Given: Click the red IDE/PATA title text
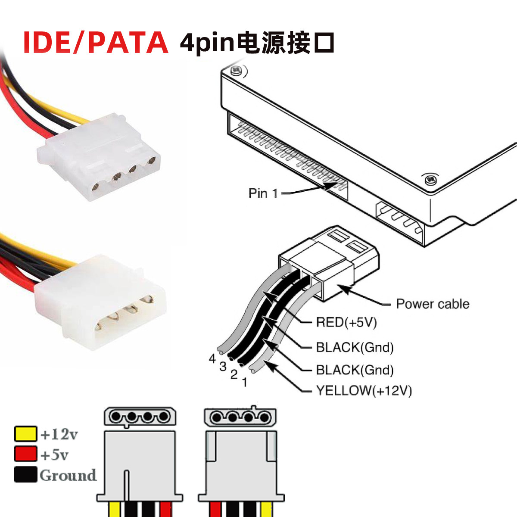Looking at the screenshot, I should pos(95,42).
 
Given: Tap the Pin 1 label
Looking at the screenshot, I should pos(263,193).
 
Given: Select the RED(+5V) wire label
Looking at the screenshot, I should pos(346,322).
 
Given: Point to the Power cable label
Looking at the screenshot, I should pos(433,304).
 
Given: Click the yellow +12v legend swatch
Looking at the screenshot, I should pos(26,434).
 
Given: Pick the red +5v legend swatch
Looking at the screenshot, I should pos(26,454).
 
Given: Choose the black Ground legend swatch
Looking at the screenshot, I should pos(26,475).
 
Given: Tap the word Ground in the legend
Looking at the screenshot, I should pos(68,475).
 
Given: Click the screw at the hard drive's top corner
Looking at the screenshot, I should pos(235,71).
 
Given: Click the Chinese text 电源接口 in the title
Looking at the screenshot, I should pos(287,43).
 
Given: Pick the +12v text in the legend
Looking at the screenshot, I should pos(59,434).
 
